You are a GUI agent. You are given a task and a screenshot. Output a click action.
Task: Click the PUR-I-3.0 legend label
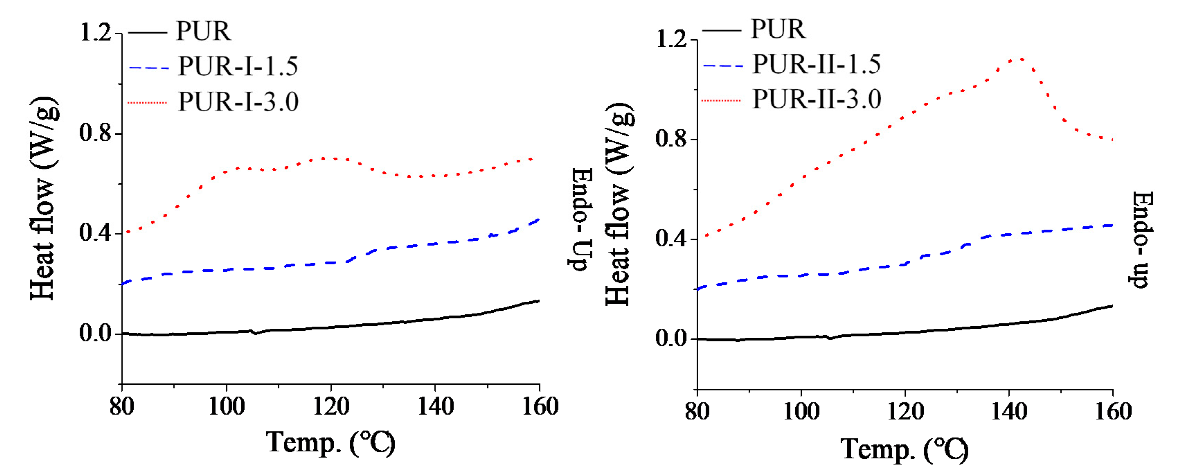click(238, 101)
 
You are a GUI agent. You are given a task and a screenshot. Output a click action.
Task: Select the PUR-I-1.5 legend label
click(238, 66)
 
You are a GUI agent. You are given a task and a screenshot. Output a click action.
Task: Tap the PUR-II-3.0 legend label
click(816, 99)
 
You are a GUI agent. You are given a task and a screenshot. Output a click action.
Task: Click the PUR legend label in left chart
click(204, 31)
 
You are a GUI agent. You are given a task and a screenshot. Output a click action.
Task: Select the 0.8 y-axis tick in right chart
click(671, 139)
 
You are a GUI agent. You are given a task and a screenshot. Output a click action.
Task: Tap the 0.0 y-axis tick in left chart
click(96, 333)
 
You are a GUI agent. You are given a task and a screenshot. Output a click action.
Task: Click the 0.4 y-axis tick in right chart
click(671, 238)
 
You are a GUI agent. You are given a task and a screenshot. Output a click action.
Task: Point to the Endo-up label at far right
click(1141, 239)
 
